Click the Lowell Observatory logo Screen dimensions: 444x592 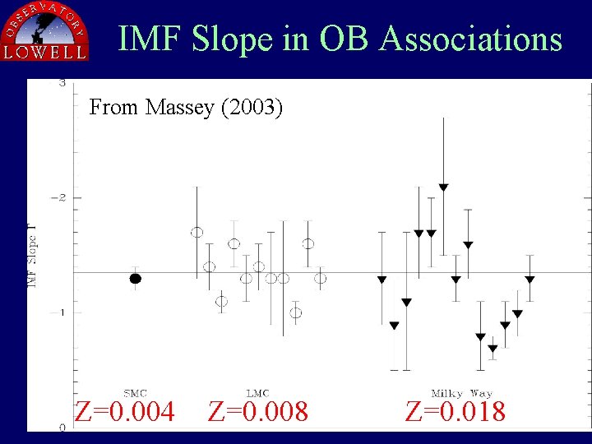point(45,30)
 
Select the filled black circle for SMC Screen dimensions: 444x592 point(136,279)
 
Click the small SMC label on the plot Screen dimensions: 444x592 point(136,393)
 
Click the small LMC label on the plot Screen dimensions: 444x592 point(258,393)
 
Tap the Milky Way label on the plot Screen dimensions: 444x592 point(461,393)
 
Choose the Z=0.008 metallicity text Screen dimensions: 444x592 point(258,411)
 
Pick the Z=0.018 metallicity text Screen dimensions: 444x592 point(456,411)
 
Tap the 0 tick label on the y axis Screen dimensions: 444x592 point(62,427)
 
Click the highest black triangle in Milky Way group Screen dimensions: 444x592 point(443,187)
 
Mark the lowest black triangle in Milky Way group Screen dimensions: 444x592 point(493,349)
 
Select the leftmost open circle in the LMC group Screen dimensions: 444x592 point(197,233)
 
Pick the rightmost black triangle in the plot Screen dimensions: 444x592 point(530,280)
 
